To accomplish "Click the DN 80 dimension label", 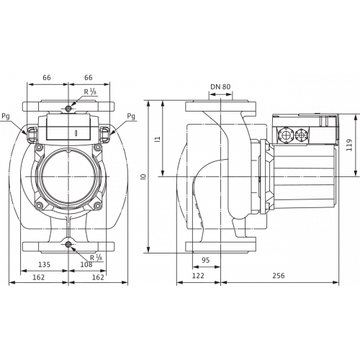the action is click(220, 86).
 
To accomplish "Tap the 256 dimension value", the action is click(279, 275).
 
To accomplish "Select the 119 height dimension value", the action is click(349, 145).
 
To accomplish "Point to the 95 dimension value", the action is click(206, 260).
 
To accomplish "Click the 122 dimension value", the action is click(198, 275).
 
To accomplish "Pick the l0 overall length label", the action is click(144, 177).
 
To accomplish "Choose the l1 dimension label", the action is click(158, 139).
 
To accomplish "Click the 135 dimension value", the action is click(45, 264).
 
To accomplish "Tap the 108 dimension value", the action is click(86, 264).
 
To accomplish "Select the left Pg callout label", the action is click(6, 117).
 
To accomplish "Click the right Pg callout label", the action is click(131, 117).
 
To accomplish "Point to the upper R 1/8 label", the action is click(90, 91).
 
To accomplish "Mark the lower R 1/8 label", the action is click(96, 258).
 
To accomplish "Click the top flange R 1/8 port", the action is click(68, 109).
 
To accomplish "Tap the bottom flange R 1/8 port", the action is click(68, 245).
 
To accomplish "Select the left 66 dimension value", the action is click(47, 78).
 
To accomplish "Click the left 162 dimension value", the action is click(39, 277).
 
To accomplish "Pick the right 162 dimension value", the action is click(98, 277).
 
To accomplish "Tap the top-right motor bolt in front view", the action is click(97, 148).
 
